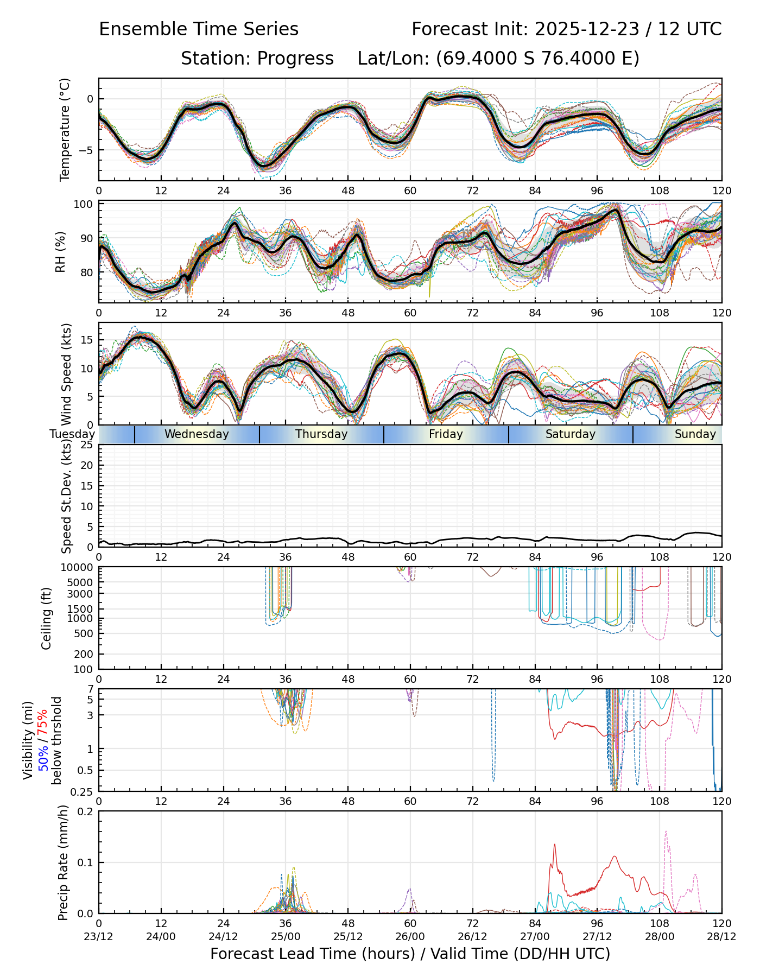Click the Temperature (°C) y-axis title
point(65,129)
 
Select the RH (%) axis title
point(60,252)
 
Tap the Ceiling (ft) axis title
point(47,618)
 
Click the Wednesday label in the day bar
point(197,434)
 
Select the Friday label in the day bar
point(446,434)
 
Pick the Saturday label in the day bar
point(570,434)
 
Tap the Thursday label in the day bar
point(321,434)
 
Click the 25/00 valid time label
point(286,936)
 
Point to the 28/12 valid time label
point(721,936)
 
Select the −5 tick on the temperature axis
point(86,150)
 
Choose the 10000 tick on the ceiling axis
point(78,568)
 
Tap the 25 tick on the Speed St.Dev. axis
point(87,446)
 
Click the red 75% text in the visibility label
point(43,722)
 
